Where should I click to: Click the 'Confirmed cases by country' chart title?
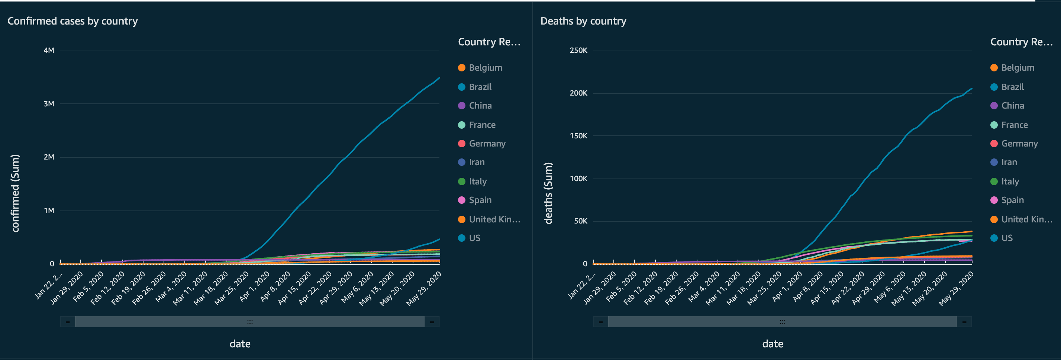coord(72,21)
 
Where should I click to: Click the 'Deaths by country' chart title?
coord(583,21)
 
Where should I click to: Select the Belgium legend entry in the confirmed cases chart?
coord(485,68)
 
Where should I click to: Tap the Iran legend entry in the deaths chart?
coord(1009,162)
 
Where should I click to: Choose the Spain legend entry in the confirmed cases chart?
coord(480,200)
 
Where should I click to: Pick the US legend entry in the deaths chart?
coord(1006,238)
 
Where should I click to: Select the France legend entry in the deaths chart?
coord(1014,125)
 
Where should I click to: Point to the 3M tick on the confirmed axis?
coord(49,104)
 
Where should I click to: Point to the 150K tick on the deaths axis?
coord(578,136)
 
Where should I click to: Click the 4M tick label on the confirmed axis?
coord(49,50)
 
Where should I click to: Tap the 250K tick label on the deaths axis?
coord(578,50)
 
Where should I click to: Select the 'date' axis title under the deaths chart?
coord(772,344)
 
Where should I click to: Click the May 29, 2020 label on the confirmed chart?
coord(424,288)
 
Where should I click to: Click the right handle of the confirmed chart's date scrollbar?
coord(432,322)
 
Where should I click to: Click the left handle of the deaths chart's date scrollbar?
coord(600,322)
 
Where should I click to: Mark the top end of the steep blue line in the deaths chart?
coord(972,88)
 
